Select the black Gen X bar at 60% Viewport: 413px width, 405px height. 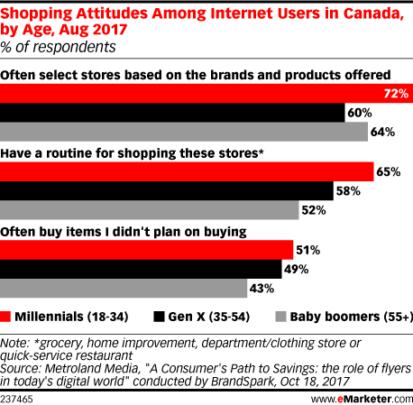(171, 112)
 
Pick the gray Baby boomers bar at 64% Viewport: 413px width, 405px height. (183, 132)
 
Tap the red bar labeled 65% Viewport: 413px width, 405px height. (186, 170)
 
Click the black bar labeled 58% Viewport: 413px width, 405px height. (166, 190)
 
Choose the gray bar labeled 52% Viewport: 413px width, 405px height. (149, 210)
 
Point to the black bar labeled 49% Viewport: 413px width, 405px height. (140, 269)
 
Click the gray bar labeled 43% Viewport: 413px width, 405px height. (124, 289)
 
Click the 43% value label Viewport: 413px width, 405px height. (262, 289)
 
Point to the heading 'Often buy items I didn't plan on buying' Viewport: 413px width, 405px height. (124, 232)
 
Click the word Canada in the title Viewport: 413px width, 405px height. (372, 10)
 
